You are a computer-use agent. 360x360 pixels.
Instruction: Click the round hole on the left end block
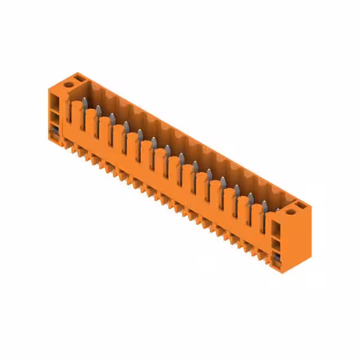tap(69, 84)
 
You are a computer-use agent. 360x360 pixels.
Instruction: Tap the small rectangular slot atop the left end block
tap(79, 76)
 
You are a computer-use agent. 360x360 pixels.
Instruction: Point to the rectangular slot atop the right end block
tap(301, 206)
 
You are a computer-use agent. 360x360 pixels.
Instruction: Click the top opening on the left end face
tap(54, 102)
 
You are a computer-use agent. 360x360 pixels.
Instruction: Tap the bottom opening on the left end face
tap(55, 133)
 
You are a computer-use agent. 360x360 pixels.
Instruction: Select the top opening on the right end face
tap(276, 229)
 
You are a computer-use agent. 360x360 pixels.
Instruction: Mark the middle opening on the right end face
tap(276, 245)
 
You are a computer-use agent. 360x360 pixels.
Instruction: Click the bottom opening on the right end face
tap(276, 258)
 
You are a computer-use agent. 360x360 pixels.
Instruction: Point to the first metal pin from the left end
tap(85, 103)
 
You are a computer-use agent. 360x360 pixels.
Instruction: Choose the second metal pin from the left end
tap(98, 110)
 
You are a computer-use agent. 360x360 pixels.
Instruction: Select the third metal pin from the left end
tap(112, 118)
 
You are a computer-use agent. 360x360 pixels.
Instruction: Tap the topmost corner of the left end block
tap(77, 73)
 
